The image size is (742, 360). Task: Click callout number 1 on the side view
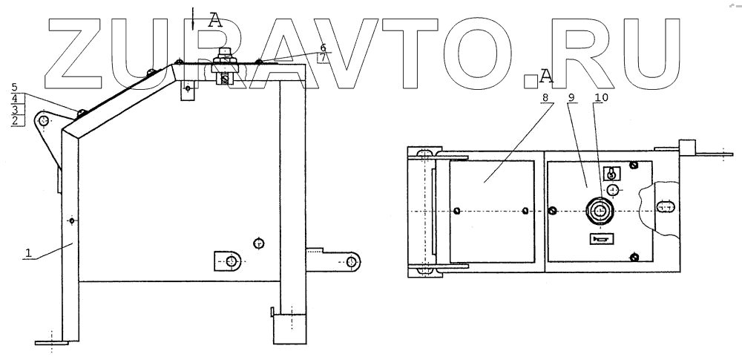[x=27, y=253]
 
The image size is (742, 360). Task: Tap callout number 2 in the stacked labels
[x=15, y=120]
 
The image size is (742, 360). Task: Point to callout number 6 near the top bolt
[x=323, y=48]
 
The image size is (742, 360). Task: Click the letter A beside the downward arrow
[x=214, y=22]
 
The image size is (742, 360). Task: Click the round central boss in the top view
[x=598, y=212]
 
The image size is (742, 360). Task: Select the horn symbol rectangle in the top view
[x=598, y=239]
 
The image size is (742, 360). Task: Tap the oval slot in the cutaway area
[x=666, y=206]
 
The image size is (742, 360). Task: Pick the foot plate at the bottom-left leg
[x=52, y=342]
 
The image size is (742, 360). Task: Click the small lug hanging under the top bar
[x=188, y=90]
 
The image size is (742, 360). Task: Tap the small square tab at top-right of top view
[x=686, y=147]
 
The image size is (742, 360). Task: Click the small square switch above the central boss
[x=611, y=174]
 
